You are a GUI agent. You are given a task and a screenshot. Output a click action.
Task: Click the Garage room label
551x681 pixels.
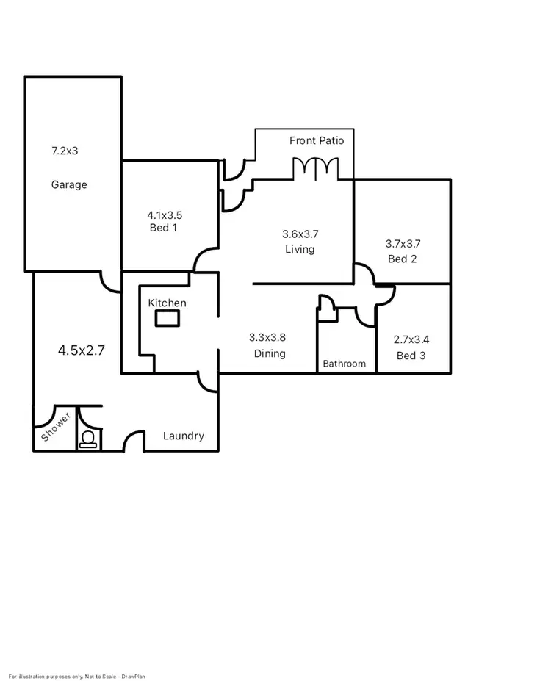[x=69, y=184]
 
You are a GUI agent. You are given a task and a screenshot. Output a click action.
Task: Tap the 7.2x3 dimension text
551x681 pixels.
[x=65, y=151]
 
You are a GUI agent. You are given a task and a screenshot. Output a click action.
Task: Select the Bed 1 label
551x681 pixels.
[x=163, y=228]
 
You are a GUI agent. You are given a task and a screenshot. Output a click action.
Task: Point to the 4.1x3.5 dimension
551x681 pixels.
[x=165, y=215]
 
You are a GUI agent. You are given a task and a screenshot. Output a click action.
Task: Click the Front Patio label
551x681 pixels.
[x=317, y=140]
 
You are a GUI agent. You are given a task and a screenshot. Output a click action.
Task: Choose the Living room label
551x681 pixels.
[x=300, y=249]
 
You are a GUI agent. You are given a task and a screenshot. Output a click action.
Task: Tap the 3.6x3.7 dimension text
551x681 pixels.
[x=300, y=234]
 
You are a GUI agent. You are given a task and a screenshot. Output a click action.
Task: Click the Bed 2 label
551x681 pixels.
[x=403, y=259]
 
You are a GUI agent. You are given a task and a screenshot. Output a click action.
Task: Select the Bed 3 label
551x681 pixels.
[x=411, y=356]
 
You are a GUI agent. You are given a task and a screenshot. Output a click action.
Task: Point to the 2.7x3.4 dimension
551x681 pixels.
[x=412, y=339]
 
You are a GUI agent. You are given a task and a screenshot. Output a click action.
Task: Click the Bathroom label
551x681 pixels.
[x=345, y=364]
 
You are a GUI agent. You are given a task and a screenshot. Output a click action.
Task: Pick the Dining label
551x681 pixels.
[x=270, y=353]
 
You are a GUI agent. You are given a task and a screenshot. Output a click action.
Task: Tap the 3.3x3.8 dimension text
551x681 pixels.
[x=267, y=338]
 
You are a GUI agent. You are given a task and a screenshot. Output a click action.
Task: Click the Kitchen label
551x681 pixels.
[x=168, y=303]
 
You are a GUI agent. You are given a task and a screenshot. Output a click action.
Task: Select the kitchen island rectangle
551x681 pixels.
[x=167, y=318]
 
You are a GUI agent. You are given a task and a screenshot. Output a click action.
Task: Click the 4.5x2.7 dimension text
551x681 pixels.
[x=82, y=350]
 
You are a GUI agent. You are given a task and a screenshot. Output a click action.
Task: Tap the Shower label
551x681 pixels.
[x=56, y=428]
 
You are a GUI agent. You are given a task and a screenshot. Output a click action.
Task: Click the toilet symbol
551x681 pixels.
[x=89, y=439]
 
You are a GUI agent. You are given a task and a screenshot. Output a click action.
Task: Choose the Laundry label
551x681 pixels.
[x=184, y=436]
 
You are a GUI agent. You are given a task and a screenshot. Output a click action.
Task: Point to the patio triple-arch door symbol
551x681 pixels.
[x=316, y=168]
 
